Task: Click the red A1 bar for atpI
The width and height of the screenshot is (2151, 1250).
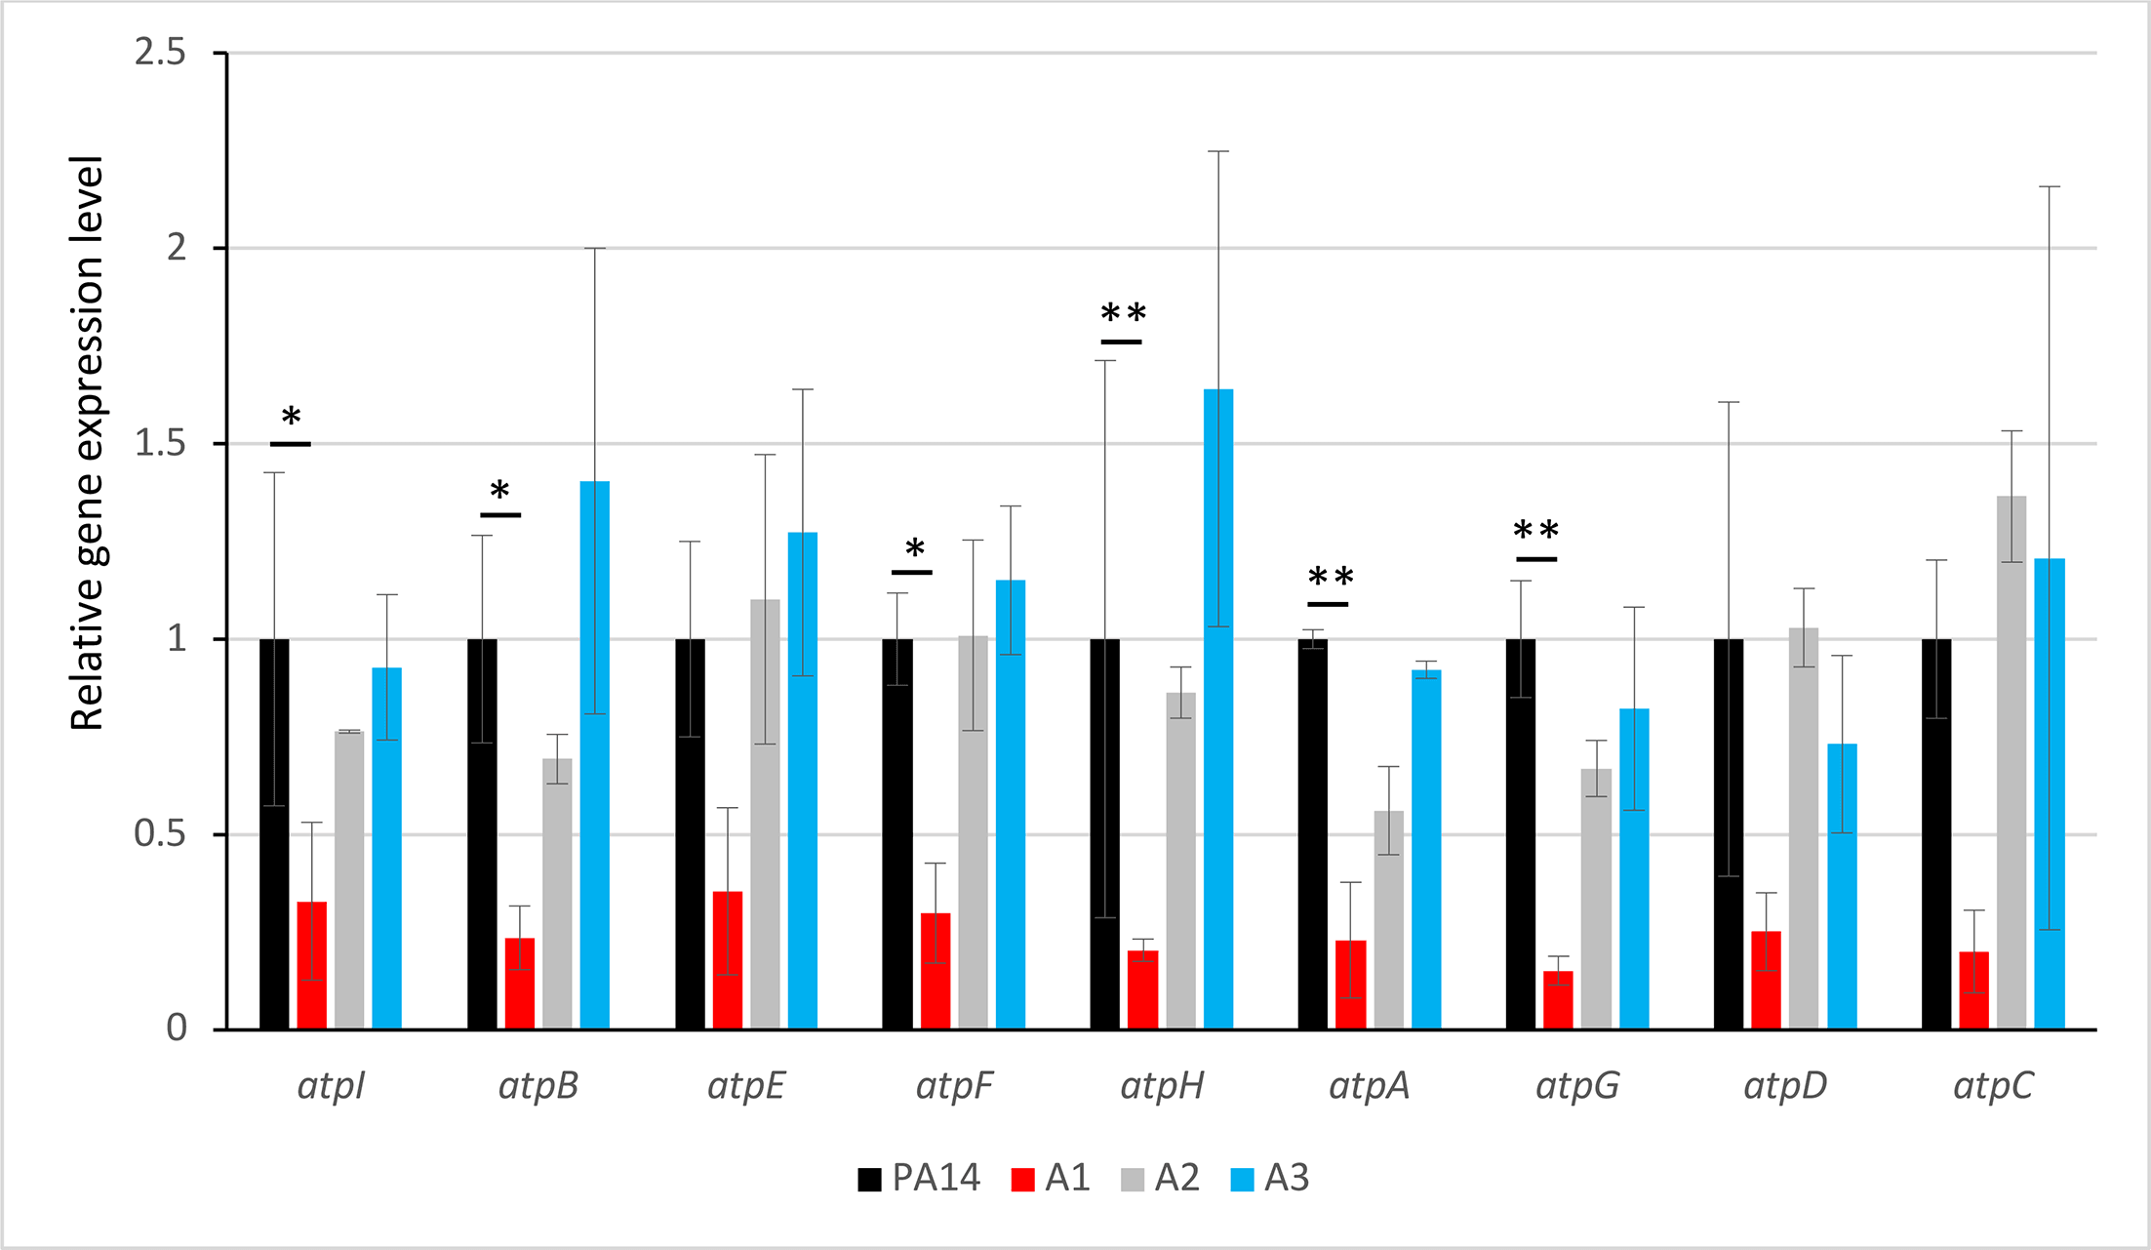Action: pos(311,965)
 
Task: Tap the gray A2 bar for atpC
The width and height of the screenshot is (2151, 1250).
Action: pos(2011,762)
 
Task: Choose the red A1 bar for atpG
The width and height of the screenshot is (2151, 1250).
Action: pos(1558,1000)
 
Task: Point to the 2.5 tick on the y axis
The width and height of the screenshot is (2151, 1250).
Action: pos(160,53)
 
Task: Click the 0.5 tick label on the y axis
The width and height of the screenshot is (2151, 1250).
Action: pos(160,834)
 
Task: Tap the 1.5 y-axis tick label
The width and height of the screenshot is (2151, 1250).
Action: pos(160,444)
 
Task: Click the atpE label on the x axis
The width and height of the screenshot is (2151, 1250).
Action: pos(746,1086)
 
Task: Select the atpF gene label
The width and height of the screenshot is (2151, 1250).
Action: pos(954,1086)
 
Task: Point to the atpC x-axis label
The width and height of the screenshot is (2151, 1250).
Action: pos(1993,1086)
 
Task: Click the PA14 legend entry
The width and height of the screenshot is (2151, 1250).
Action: pos(920,1179)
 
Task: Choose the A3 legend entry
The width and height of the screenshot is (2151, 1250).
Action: pos(1269,1179)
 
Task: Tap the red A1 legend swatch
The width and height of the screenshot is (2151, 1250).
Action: pos(1022,1180)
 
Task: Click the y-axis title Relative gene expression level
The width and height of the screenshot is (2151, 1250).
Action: pos(88,443)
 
